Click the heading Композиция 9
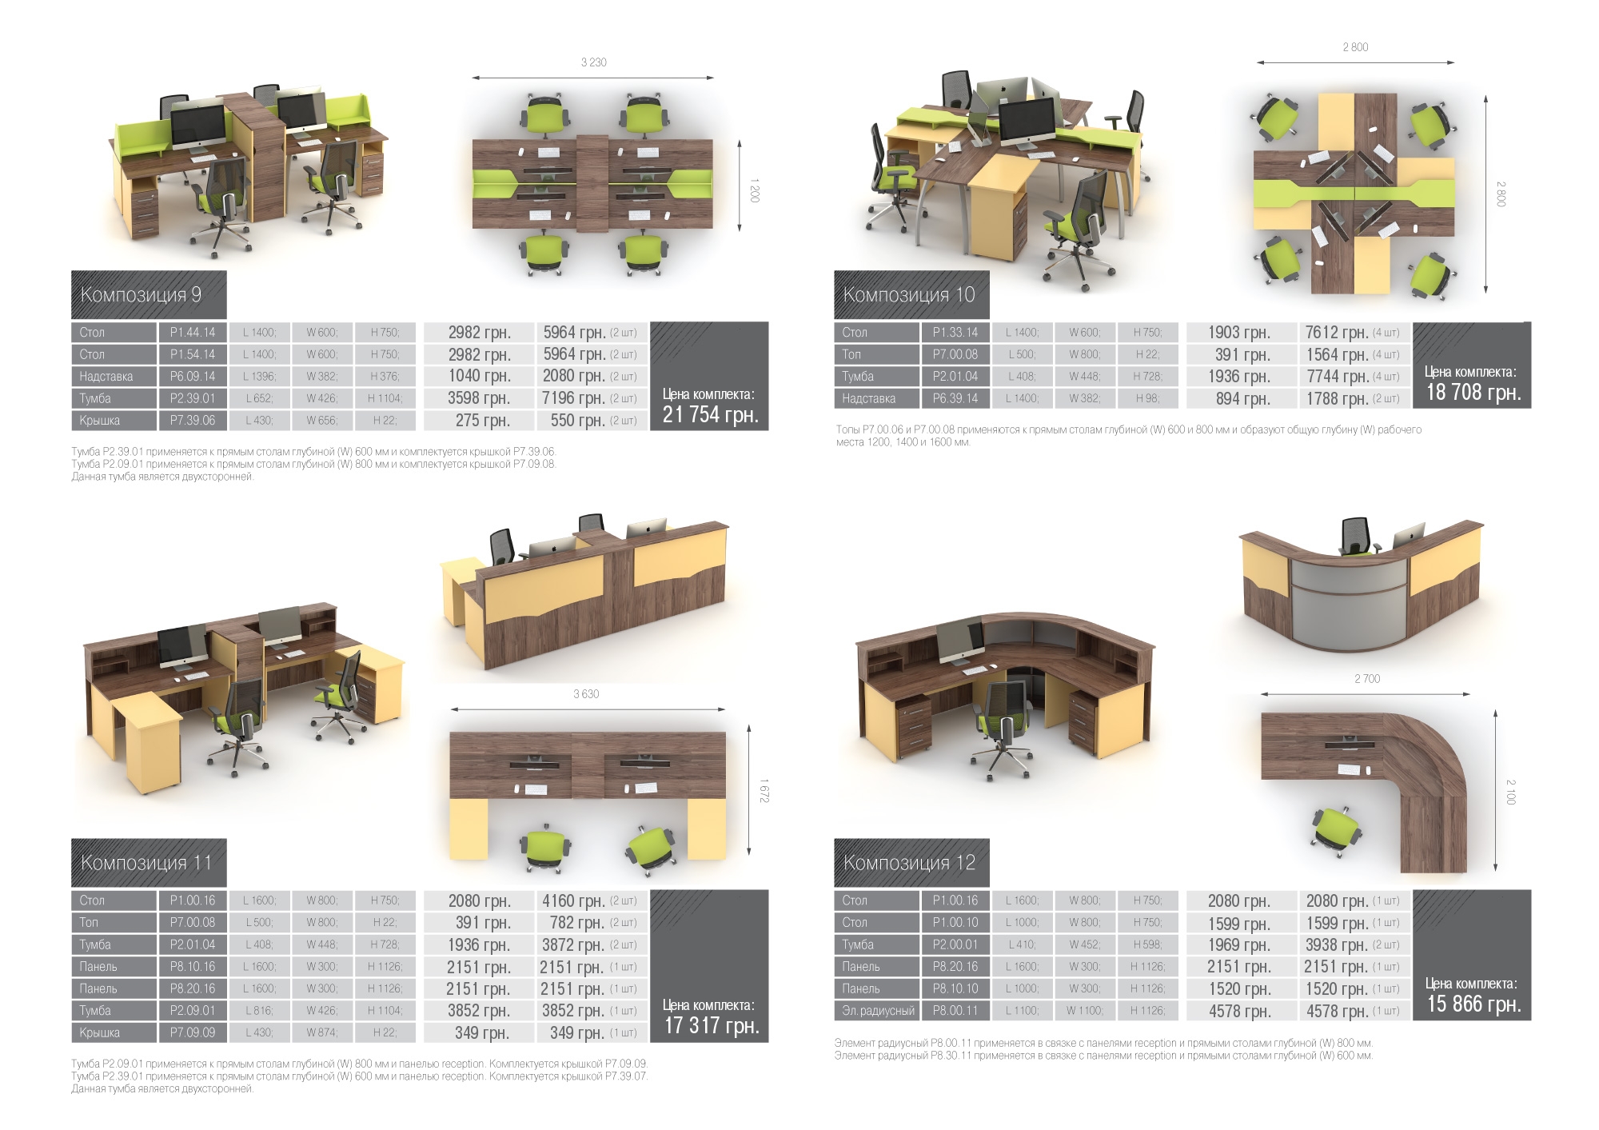[x=141, y=295]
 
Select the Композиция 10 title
[x=909, y=295]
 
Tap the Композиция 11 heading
[x=146, y=863]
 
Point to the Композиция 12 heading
[x=909, y=863]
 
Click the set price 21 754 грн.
[x=710, y=414]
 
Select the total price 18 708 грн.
[x=1473, y=392]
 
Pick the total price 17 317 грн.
[x=712, y=1025]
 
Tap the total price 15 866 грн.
[x=1473, y=1004]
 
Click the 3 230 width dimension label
[x=593, y=62]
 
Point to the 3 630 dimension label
[x=586, y=694]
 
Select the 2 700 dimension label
[x=1367, y=679]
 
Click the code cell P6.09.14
[x=193, y=376]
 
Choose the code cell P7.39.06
[x=193, y=420]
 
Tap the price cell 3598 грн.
[x=479, y=398]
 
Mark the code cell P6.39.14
[x=955, y=398]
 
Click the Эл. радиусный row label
[x=877, y=1011]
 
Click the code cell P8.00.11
[x=955, y=1011]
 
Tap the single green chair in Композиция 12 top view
[x=1335, y=830]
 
